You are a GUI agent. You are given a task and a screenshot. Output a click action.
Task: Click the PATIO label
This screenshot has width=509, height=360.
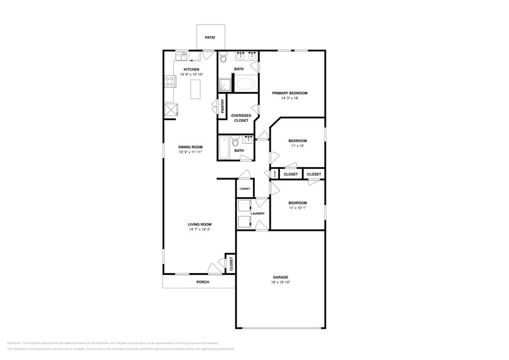[x=210, y=37]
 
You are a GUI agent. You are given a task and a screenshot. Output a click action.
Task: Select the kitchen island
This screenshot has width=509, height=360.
[x=197, y=90]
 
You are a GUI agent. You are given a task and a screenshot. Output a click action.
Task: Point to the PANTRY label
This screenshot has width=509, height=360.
[x=222, y=106]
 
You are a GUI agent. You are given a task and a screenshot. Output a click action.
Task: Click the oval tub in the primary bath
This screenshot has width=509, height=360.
[x=247, y=84]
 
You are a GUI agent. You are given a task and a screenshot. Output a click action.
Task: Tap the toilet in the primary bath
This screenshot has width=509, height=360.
[x=224, y=58]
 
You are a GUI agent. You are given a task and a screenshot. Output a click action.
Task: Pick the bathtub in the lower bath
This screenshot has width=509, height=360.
[x=224, y=148]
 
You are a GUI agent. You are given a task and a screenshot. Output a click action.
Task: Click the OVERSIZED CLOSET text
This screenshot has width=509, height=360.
[x=239, y=118]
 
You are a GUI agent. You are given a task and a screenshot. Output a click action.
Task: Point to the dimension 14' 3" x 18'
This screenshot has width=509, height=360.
[x=290, y=98]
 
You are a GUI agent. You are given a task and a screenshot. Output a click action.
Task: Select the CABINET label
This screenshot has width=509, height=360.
[x=244, y=189]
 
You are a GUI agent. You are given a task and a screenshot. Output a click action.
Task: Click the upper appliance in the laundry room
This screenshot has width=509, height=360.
[x=244, y=206]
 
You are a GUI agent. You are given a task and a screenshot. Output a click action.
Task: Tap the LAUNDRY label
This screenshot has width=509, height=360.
[x=257, y=214]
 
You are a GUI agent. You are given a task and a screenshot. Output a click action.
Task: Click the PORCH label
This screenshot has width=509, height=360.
[x=202, y=282]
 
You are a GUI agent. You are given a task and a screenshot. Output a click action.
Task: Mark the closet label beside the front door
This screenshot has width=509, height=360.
[x=230, y=264]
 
